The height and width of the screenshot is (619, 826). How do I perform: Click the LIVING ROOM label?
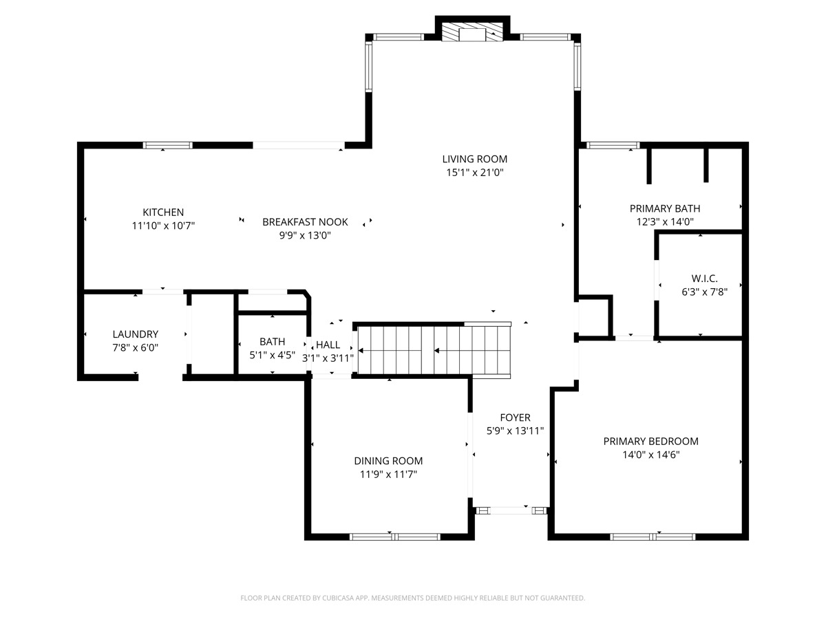click(474, 159)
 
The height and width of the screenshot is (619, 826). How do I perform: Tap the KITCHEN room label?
click(163, 212)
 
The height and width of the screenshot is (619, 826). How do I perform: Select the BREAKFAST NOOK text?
click(305, 221)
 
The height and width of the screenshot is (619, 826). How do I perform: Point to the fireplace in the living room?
click(472, 32)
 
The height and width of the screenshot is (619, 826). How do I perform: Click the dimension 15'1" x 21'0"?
click(474, 173)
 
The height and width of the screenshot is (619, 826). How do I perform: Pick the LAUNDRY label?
click(135, 334)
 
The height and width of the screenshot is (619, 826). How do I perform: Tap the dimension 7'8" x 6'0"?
click(135, 347)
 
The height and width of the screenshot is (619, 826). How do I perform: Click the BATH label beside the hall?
click(272, 342)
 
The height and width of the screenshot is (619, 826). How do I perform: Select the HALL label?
click(328, 345)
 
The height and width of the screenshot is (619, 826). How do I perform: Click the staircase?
click(434, 350)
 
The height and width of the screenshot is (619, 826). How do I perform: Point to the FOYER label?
click(515, 417)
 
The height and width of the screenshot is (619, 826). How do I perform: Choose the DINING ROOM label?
click(388, 461)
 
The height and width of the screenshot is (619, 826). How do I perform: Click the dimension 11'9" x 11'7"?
click(388, 475)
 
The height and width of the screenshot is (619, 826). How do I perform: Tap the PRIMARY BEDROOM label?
click(650, 442)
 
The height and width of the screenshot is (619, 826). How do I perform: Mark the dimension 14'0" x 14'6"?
click(650, 455)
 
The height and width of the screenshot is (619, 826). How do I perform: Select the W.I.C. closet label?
click(704, 279)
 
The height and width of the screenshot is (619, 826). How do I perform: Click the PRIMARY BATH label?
click(665, 208)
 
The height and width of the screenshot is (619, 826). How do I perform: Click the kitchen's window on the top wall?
click(168, 145)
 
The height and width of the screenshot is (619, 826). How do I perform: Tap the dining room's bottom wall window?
click(394, 536)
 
